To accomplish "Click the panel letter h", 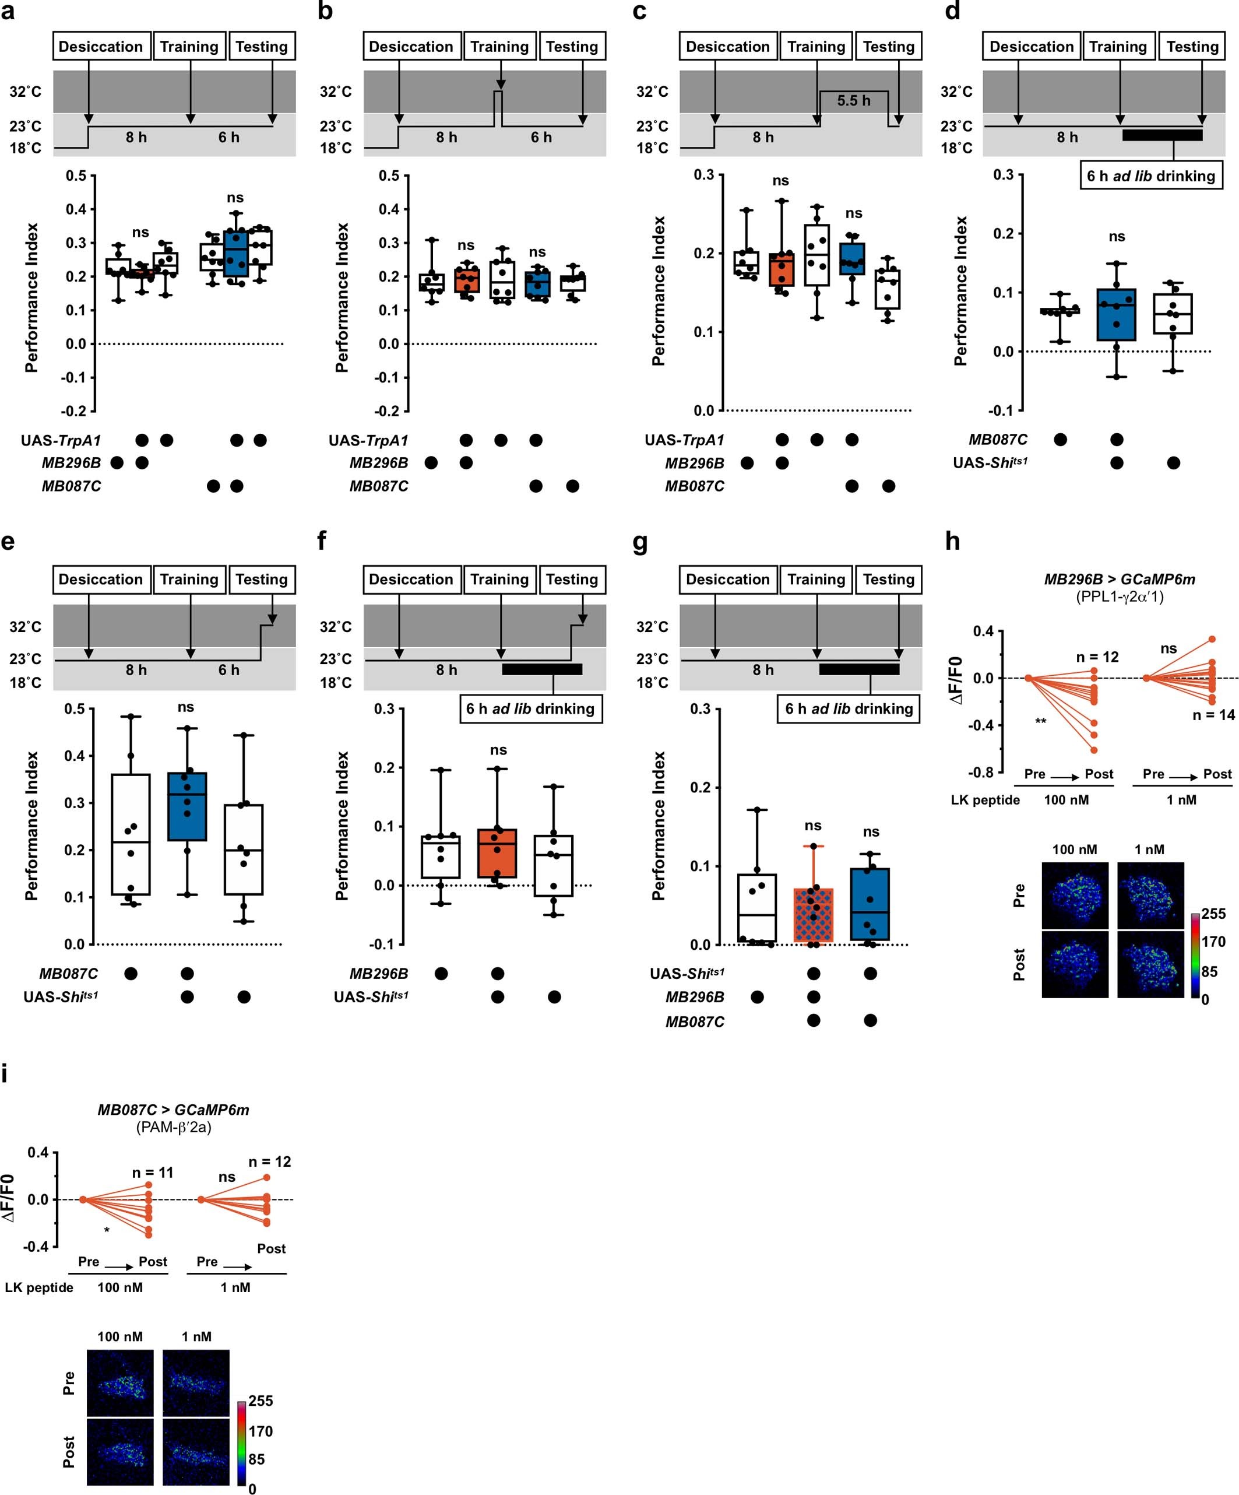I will point(952,542).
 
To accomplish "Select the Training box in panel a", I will point(189,46).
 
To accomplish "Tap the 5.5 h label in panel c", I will point(853,100).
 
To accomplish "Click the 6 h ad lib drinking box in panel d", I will point(1151,176).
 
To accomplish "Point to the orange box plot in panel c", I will point(782,270).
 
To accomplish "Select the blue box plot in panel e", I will point(187,806).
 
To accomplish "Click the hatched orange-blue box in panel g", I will point(813,915).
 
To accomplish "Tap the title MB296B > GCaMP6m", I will point(1119,580).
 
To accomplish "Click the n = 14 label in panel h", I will point(1213,715).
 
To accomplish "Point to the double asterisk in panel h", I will point(1040,722).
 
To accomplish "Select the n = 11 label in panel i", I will point(152,1173).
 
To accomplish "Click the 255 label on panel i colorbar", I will point(261,1401).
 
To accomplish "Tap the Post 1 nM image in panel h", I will point(1150,964).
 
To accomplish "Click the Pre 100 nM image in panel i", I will point(120,1382).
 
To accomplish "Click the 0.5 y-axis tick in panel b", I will point(389,176).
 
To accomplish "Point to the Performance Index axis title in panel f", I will point(342,826).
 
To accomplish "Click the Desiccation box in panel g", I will point(727,580).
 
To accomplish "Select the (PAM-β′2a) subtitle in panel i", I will point(174,1127).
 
